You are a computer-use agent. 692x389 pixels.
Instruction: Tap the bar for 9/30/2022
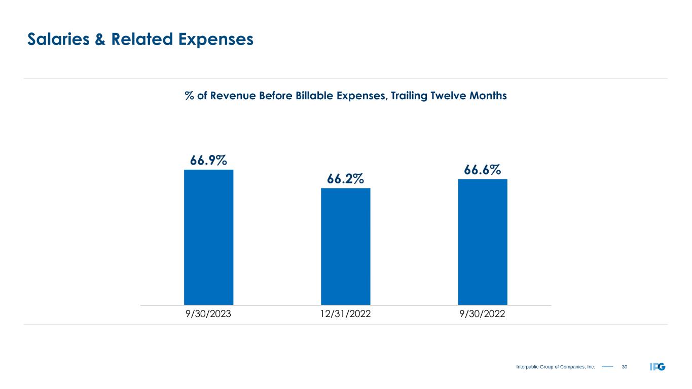[x=482, y=242]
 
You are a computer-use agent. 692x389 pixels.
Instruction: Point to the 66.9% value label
[x=208, y=161]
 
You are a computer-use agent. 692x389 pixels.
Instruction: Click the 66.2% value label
[x=345, y=179]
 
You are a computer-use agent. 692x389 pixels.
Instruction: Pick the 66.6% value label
[x=482, y=170]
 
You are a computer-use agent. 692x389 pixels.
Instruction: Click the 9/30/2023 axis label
[x=208, y=314]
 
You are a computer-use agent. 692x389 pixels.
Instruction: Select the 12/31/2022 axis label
[x=345, y=314]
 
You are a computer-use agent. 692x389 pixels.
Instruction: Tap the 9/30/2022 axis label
[x=482, y=314]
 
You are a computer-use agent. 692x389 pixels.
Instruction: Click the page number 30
[x=624, y=367]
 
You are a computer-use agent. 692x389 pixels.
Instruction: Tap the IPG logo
[x=657, y=367]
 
